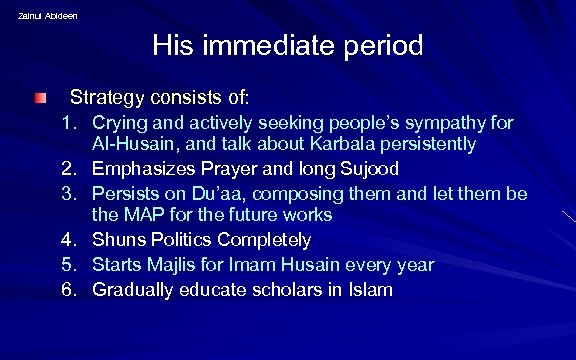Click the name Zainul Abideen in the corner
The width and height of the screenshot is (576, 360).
[x=47, y=16]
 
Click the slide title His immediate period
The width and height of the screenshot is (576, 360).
[x=288, y=46]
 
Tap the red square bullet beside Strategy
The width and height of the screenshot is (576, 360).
[x=38, y=98]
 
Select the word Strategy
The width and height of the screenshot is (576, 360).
[x=106, y=98]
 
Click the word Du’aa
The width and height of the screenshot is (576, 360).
[x=216, y=192]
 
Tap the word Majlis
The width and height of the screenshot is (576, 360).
[x=173, y=265]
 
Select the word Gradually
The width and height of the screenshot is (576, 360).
[x=134, y=290]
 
